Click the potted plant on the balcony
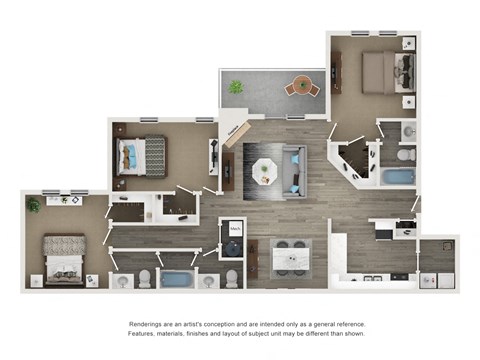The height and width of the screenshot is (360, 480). click(x=235, y=87)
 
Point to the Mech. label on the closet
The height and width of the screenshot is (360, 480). click(x=236, y=229)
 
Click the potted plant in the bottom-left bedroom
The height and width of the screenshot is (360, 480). click(x=34, y=205)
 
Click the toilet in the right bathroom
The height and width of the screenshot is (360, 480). click(x=404, y=155)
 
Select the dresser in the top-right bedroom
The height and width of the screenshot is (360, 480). click(x=337, y=72)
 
